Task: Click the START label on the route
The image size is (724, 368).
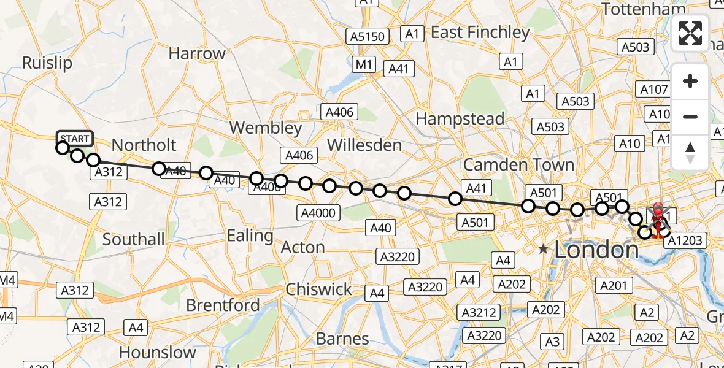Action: coord(75,137)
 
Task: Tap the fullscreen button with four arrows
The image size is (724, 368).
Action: coord(690,33)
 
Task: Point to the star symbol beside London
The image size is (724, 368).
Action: coord(543,249)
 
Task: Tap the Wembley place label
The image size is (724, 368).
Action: coord(266,128)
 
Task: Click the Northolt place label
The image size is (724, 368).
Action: coord(144,145)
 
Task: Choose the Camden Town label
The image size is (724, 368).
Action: coord(518,164)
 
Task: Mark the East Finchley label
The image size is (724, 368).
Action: coord(480,33)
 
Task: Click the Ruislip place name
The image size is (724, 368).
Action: coord(47,63)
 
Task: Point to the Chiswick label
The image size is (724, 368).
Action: coord(319,289)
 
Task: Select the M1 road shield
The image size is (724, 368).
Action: coord(364,64)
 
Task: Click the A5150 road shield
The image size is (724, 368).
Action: coord(368,36)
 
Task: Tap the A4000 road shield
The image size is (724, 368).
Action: coord(318,213)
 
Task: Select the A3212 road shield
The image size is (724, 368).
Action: coord(479,312)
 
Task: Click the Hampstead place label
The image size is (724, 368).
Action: coord(460,118)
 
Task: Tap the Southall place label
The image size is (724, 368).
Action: coord(134,239)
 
